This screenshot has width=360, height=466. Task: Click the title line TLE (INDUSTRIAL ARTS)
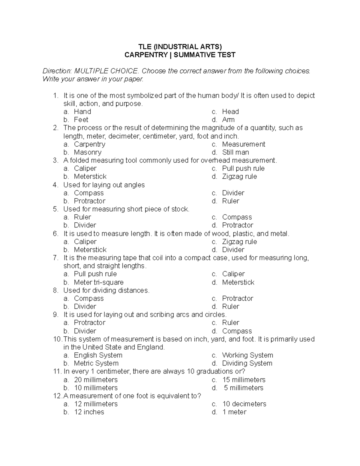tap(180, 47)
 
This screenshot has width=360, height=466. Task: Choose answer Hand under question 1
tap(82, 112)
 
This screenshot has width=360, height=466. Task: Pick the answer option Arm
tap(228, 120)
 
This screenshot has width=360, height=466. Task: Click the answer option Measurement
tap(243, 144)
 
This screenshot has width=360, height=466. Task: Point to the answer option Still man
tap(235, 152)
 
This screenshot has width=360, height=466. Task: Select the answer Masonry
tap(88, 152)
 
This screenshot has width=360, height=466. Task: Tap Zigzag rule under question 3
tap(239, 176)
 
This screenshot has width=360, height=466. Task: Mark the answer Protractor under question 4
tap(90, 201)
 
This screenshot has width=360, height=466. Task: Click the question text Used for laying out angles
tap(104, 185)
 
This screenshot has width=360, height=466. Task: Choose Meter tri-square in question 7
tap(99, 282)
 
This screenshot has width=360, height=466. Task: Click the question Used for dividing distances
tap(106, 290)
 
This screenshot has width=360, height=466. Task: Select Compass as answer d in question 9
tap(237, 331)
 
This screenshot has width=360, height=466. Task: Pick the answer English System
tap(98, 355)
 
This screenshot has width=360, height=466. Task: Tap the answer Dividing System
tap(247, 363)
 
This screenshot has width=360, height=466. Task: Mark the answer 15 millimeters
tap(244, 380)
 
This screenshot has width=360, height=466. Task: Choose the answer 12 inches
tap(89, 412)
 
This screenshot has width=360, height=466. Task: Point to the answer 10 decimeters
tap(244, 404)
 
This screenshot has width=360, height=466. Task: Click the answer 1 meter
tap(234, 412)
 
